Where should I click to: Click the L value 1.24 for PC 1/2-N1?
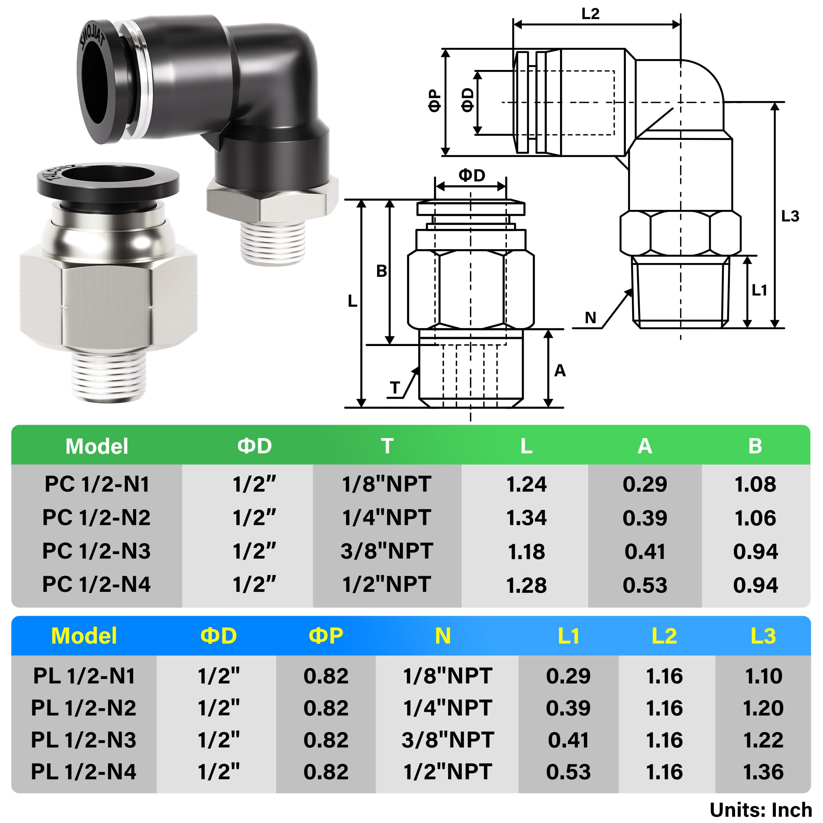[526, 484]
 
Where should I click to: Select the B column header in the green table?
[755, 446]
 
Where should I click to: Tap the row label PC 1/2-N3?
[96, 551]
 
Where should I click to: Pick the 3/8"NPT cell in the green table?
[387, 551]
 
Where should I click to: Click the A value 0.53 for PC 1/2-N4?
[645, 584]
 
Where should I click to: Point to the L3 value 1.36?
[763, 772]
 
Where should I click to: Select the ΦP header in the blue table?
[326, 636]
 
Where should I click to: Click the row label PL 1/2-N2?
[83, 708]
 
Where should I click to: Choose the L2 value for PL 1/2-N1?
[664, 676]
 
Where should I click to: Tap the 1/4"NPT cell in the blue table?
[448, 708]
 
